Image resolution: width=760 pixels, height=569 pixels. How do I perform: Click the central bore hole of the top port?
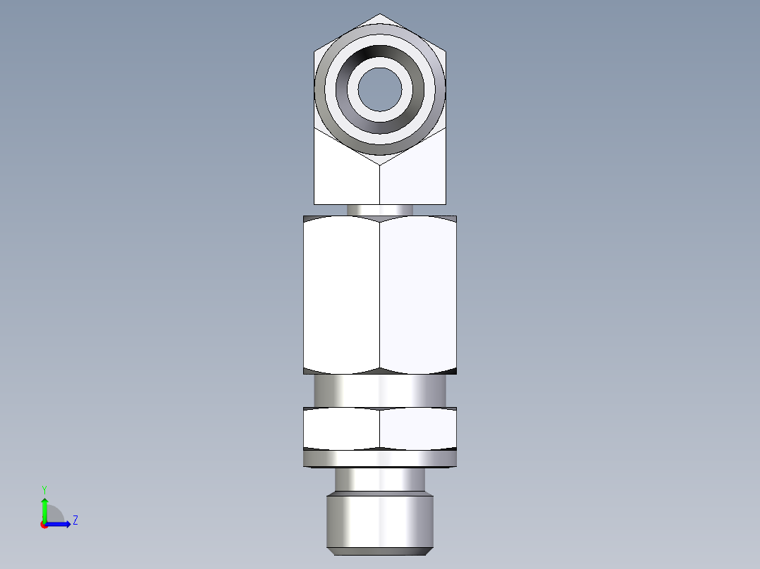(x=380, y=89)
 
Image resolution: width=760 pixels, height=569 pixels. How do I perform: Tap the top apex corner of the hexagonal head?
(x=380, y=14)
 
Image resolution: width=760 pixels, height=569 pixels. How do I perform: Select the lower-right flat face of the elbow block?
(x=413, y=176)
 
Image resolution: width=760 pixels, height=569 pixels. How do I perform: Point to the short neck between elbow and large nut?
(x=380, y=210)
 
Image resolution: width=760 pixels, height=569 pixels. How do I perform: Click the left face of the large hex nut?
(x=342, y=294)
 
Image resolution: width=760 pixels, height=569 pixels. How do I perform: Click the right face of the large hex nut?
(x=418, y=294)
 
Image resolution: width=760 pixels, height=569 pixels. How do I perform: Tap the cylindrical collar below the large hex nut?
(x=380, y=390)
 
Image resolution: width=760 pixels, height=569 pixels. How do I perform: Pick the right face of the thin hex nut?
(x=418, y=428)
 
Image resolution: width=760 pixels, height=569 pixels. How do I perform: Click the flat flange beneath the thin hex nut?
(x=380, y=459)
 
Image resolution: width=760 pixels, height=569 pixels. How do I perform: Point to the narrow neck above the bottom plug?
(x=380, y=480)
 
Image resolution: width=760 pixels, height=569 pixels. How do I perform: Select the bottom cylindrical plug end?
(x=380, y=521)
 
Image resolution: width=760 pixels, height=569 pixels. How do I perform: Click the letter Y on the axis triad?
(x=44, y=489)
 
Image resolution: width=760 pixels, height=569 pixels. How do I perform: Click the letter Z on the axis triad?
(x=75, y=520)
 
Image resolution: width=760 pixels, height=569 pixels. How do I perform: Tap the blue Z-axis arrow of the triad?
(x=60, y=524)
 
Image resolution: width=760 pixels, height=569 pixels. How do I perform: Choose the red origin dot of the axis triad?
(x=44, y=525)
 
